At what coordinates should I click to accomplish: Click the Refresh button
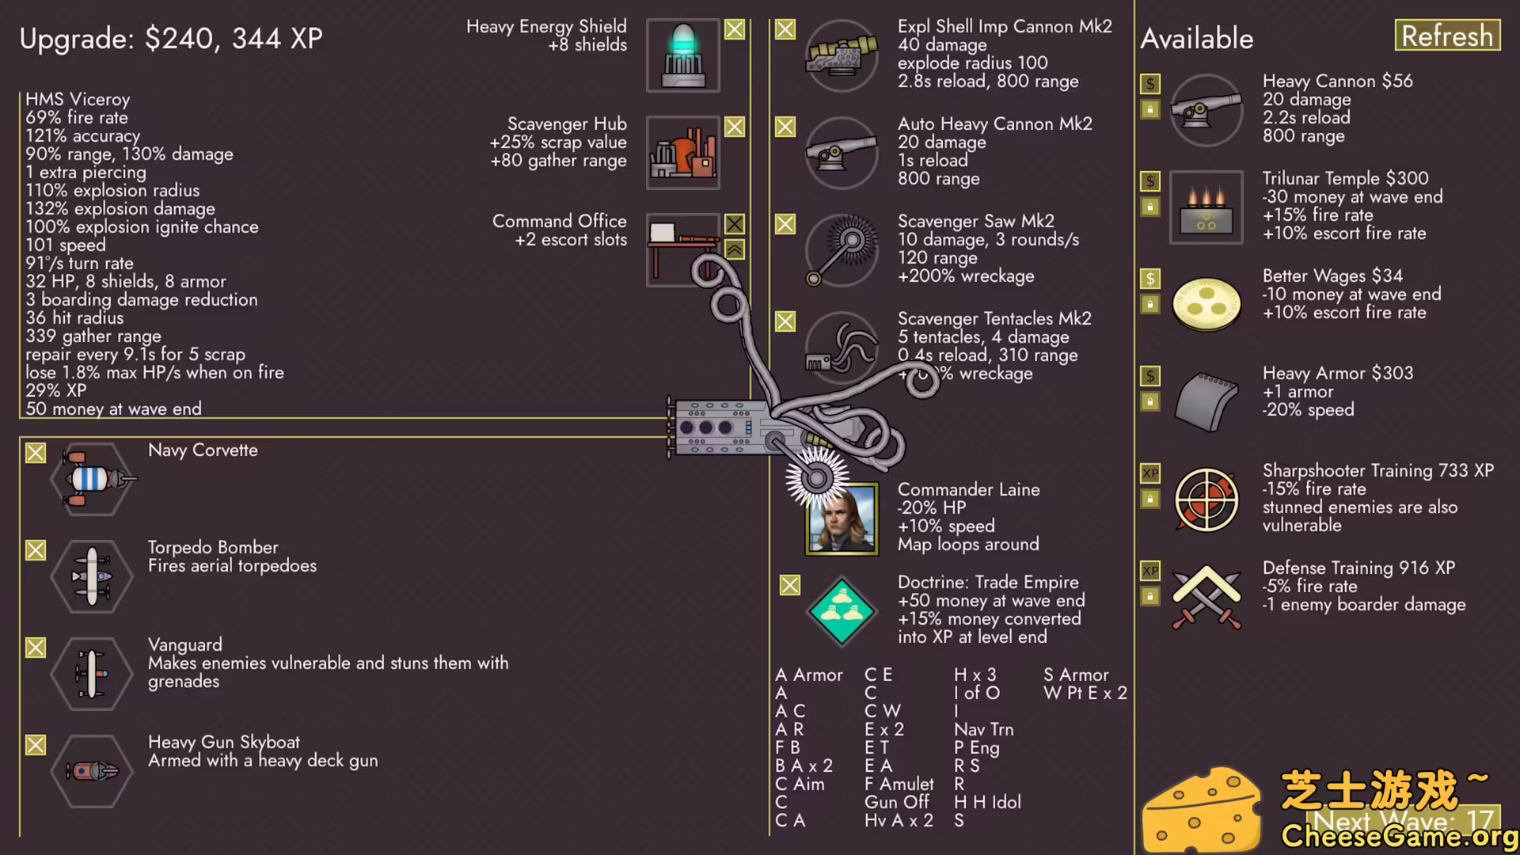(x=1446, y=36)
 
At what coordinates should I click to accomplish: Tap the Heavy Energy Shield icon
(x=682, y=55)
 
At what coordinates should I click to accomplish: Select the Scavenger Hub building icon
(x=682, y=153)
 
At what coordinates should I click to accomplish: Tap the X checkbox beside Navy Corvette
(x=36, y=453)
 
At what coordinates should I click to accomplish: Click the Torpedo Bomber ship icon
(x=92, y=576)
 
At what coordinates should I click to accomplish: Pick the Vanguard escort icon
(x=92, y=674)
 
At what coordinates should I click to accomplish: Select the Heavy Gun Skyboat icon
(x=92, y=770)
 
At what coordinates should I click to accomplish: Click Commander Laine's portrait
(x=842, y=519)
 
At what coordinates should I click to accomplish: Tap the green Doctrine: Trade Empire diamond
(x=842, y=611)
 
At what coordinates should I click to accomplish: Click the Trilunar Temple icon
(x=1206, y=207)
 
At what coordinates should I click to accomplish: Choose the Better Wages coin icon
(x=1206, y=304)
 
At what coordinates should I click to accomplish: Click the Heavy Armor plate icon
(x=1206, y=401)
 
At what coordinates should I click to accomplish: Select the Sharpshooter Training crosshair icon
(x=1206, y=500)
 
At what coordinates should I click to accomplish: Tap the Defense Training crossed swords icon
(x=1206, y=596)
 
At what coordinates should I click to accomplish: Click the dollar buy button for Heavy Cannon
(x=1150, y=83)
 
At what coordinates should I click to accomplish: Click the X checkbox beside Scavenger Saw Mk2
(x=785, y=224)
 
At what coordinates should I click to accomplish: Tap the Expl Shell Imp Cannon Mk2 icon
(x=842, y=55)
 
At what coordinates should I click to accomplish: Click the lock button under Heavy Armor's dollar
(x=1150, y=401)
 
